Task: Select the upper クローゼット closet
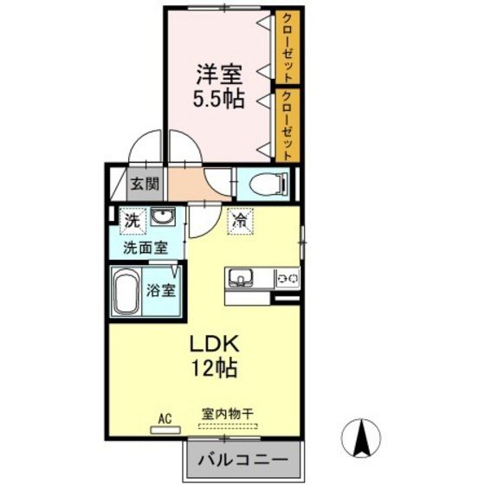coord(288,48)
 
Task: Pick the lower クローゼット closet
coord(288,123)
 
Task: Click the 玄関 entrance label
coord(145,184)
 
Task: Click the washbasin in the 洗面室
coord(161,218)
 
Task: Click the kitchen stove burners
coord(287,278)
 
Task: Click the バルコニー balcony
coord(245,458)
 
